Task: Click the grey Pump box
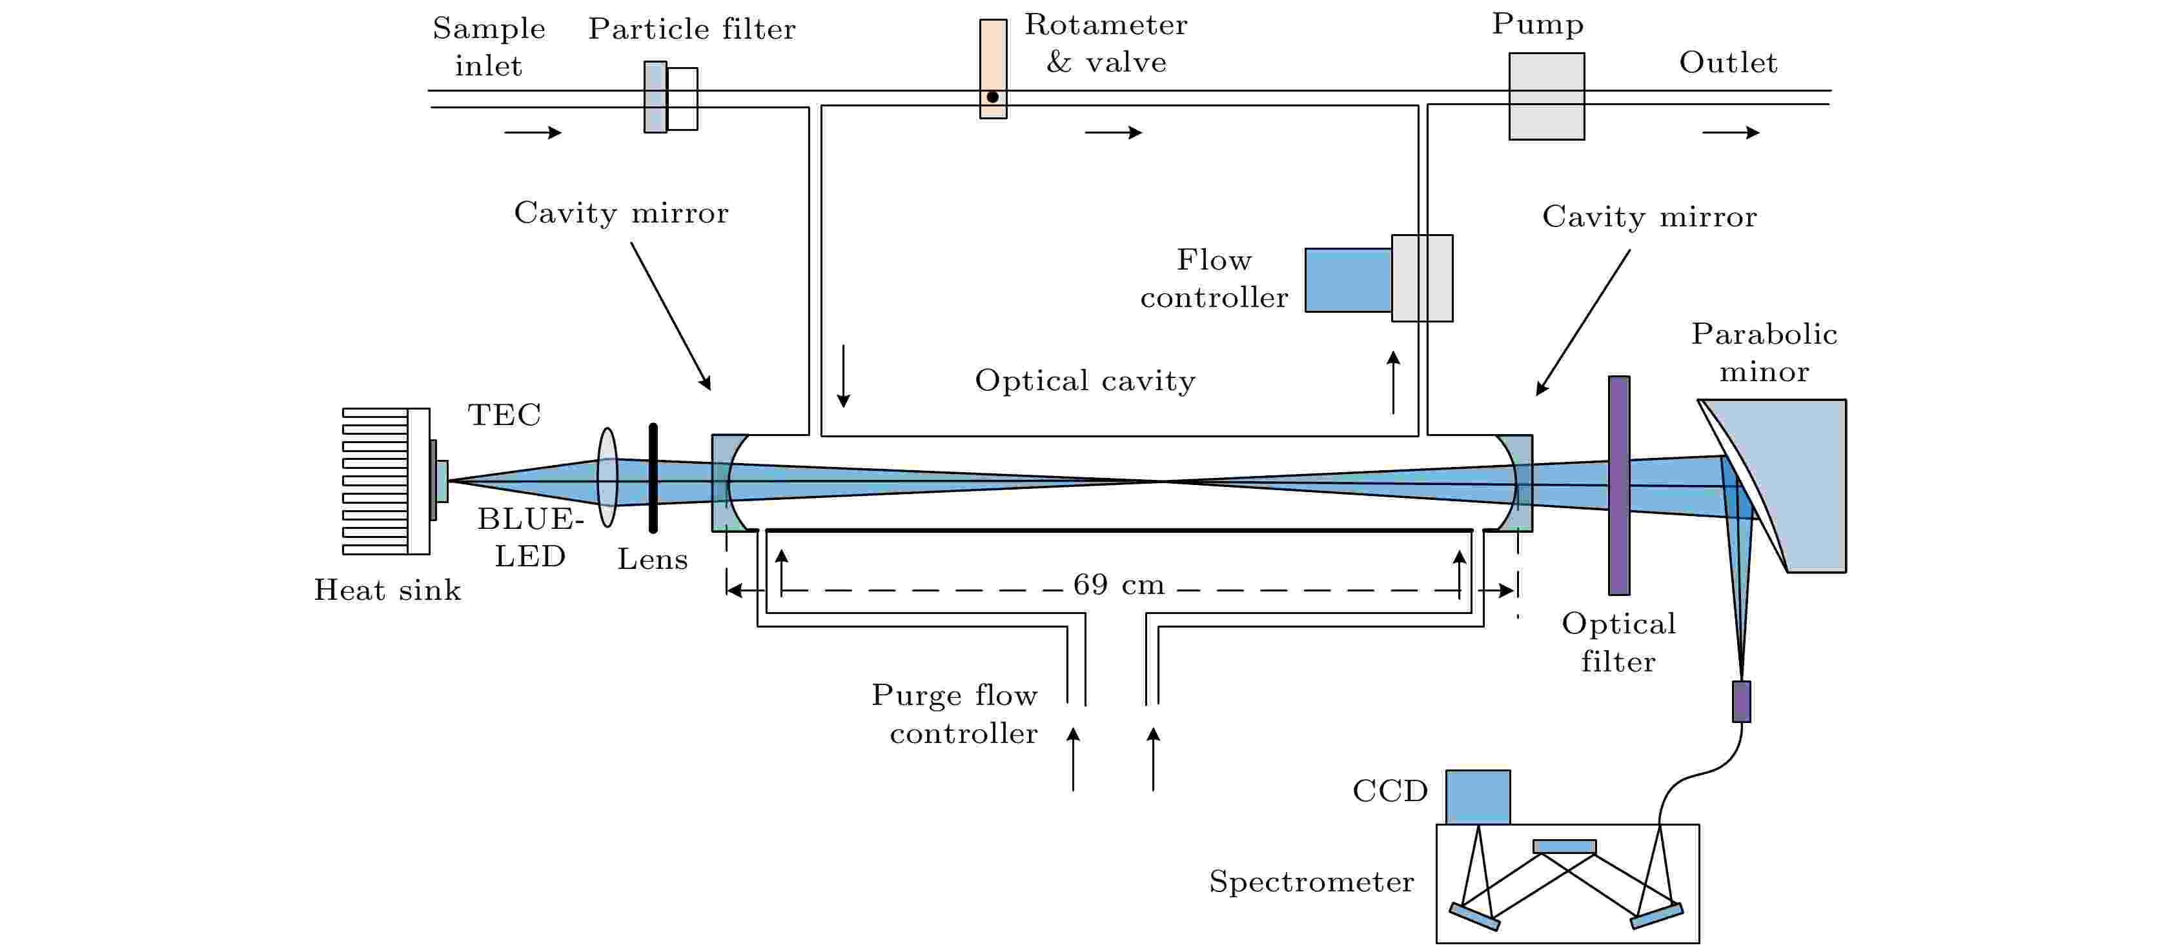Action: pyautogui.click(x=1546, y=96)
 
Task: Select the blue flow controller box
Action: pyautogui.click(x=1349, y=280)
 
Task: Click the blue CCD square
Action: pyautogui.click(x=1478, y=797)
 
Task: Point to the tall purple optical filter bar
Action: pyautogui.click(x=1618, y=485)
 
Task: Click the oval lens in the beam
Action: pyautogui.click(x=607, y=478)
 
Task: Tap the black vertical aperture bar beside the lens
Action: pyautogui.click(x=653, y=478)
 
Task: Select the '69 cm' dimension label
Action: pyautogui.click(x=1119, y=584)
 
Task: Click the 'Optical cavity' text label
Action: pyautogui.click(x=1085, y=381)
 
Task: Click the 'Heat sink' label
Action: pyautogui.click(x=387, y=590)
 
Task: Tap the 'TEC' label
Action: pyautogui.click(x=504, y=415)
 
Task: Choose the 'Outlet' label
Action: pyautogui.click(x=1727, y=63)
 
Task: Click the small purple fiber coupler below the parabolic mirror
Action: pyautogui.click(x=1741, y=702)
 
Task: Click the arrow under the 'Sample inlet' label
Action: pyautogui.click(x=533, y=132)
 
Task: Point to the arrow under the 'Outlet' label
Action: pyautogui.click(x=1731, y=132)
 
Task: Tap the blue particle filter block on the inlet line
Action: pyautogui.click(x=655, y=97)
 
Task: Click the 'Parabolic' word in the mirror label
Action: pyautogui.click(x=1764, y=334)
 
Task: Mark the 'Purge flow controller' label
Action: pyautogui.click(x=955, y=714)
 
